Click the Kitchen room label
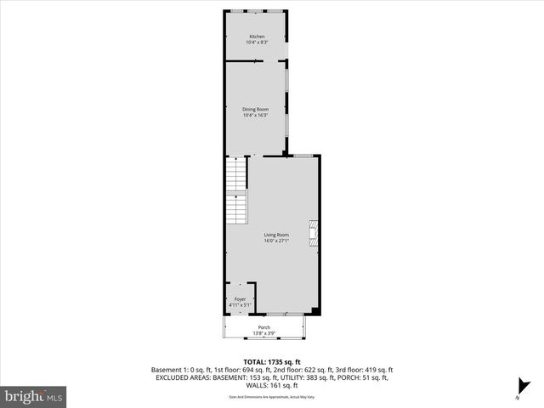[256, 37]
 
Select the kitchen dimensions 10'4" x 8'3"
[256, 42]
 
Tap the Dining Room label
[256, 110]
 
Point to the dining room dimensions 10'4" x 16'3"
[256, 116]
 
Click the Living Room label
[276, 235]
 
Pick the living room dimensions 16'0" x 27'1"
[276, 241]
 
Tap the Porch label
[264, 327]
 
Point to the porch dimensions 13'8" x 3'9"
[264, 333]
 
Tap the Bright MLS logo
[34, 396]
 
